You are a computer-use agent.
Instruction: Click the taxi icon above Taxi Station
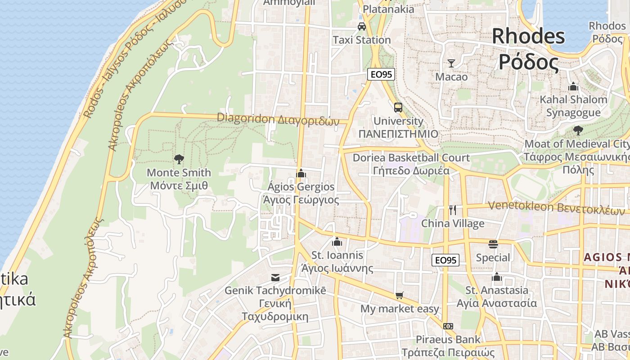362,27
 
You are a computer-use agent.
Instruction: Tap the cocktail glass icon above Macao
451,63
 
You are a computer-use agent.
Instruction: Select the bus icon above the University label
398,108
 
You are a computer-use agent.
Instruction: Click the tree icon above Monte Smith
179,159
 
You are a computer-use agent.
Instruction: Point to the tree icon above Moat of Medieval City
578,130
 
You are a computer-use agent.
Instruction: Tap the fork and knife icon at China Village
453,210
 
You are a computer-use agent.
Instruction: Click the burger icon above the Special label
493,244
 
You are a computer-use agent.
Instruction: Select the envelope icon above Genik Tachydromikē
275,278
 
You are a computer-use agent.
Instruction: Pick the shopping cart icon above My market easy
399,296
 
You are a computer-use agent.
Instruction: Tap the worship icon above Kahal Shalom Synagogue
573,86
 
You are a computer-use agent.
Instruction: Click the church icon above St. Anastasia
497,277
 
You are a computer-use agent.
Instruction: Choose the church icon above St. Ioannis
337,242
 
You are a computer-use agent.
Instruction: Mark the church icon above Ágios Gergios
301,173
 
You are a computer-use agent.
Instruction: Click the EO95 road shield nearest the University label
381,75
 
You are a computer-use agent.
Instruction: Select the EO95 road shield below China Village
445,260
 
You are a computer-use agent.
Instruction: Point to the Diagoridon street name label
278,119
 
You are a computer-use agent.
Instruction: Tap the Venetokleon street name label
557,208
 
